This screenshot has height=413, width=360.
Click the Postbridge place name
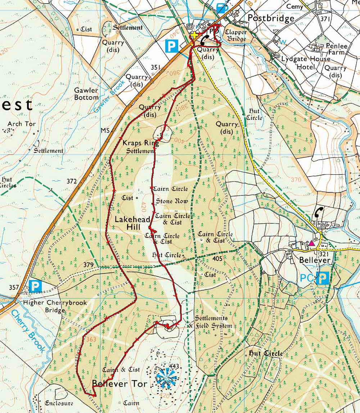click(x=271, y=18)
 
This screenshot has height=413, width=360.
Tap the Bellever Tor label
click(x=120, y=384)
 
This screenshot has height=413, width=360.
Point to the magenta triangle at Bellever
click(x=311, y=244)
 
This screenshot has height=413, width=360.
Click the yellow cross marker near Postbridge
click(x=194, y=35)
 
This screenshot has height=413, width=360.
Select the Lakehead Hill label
click(x=127, y=223)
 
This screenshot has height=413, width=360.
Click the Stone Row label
click(x=172, y=201)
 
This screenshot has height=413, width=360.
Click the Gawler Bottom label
click(x=86, y=94)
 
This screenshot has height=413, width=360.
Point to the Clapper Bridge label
click(x=235, y=35)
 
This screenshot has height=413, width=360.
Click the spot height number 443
click(x=174, y=366)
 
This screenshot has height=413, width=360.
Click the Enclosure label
click(x=59, y=403)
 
